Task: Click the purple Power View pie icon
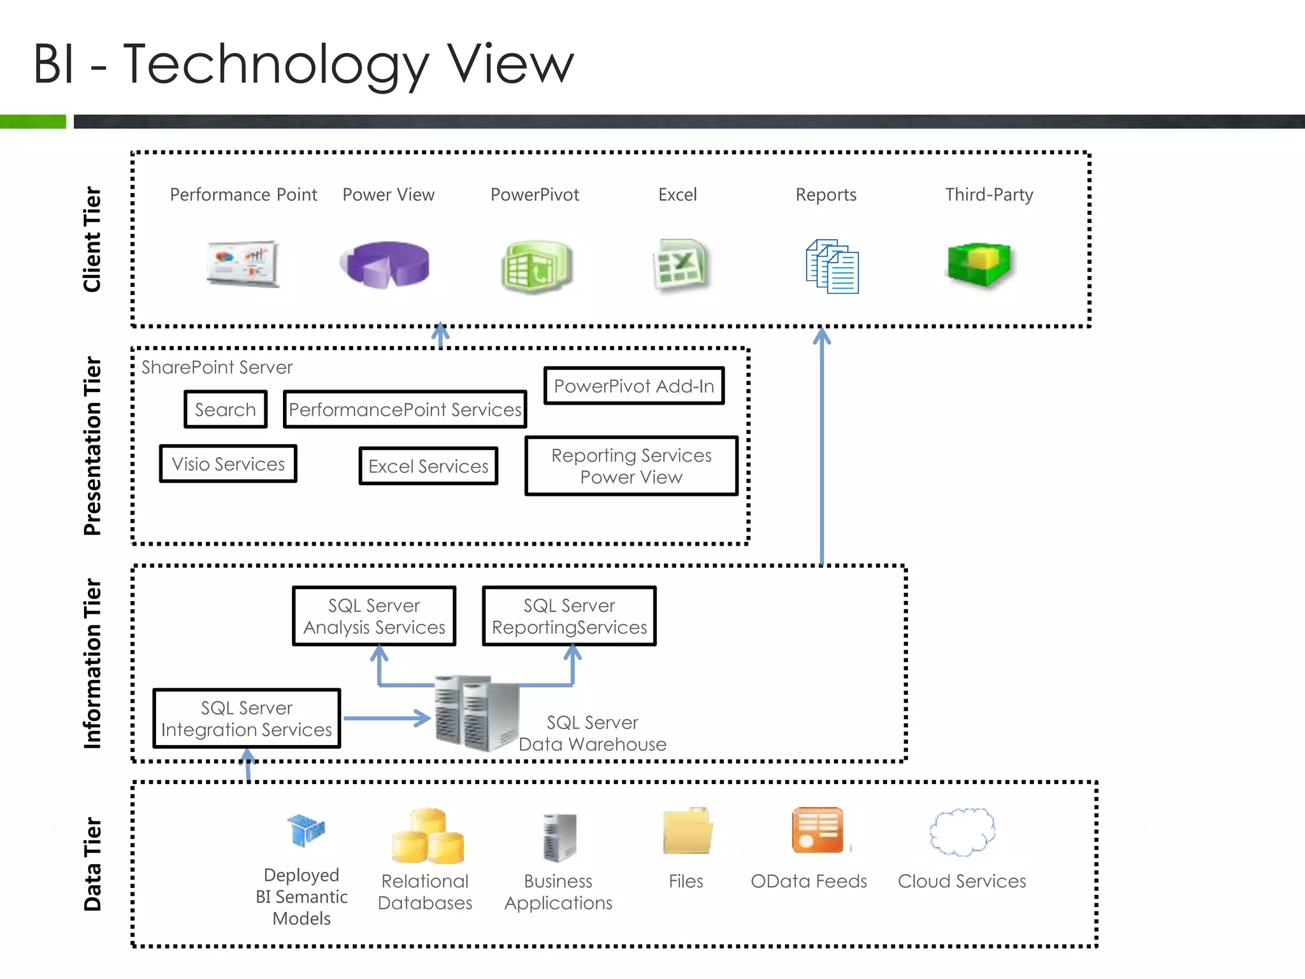pyautogui.click(x=386, y=264)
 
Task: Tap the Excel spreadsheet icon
pyautogui.click(x=680, y=265)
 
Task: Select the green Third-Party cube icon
pyautogui.click(x=979, y=264)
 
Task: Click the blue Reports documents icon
pyautogui.click(x=832, y=266)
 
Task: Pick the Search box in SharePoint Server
pyautogui.click(x=226, y=410)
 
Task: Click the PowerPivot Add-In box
pyautogui.click(x=634, y=386)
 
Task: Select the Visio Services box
pyautogui.click(x=228, y=464)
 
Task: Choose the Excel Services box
pyautogui.click(x=428, y=467)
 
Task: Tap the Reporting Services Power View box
pyautogui.click(x=631, y=466)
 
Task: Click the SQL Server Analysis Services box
pyautogui.click(x=374, y=616)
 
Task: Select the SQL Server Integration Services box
pyautogui.click(x=247, y=718)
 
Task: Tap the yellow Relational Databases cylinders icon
pyautogui.click(x=428, y=836)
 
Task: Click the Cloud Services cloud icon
pyautogui.click(x=962, y=832)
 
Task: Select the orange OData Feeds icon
pyautogui.click(x=818, y=830)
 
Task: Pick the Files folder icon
pyautogui.click(x=687, y=831)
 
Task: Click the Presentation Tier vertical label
pyautogui.click(x=93, y=446)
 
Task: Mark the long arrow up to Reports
pyautogui.click(x=822, y=446)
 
